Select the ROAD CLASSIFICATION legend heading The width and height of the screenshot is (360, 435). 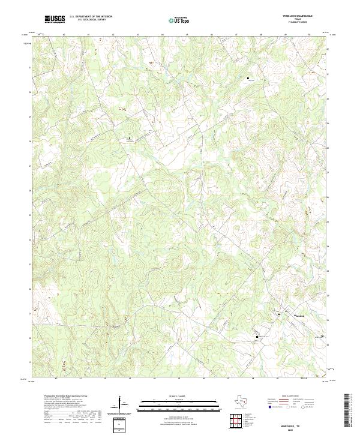click(x=291, y=397)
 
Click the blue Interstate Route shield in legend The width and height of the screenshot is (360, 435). click(x=271, y=407)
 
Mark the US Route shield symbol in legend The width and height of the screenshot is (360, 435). click(x=288, y=407)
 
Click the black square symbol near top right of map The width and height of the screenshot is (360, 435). click(x=248, y=79)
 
